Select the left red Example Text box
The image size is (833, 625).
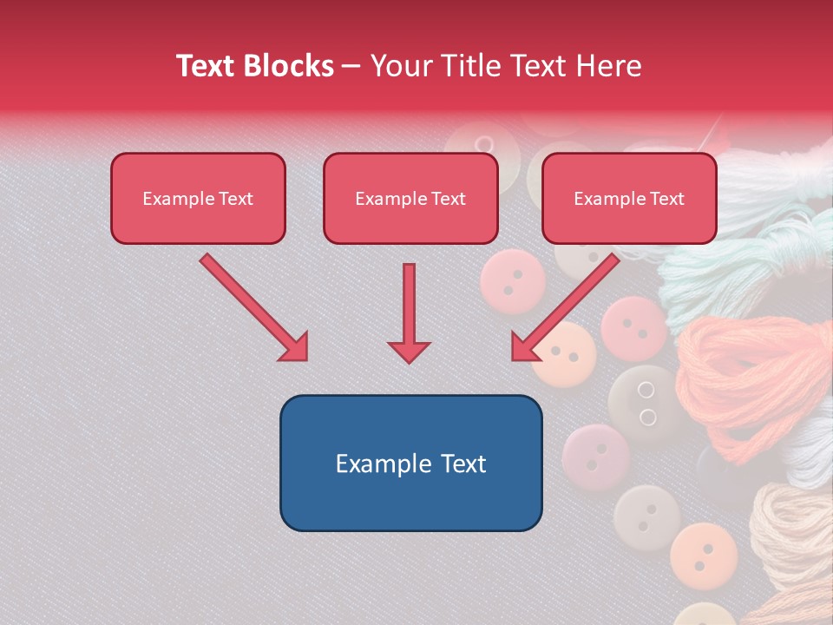point(198,199)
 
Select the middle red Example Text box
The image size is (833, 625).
point(410,199)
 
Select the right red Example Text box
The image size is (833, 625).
point(629,199)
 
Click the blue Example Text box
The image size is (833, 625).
point(410,464)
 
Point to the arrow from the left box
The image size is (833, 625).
point(253,307)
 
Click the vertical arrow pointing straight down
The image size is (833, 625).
point(409,312)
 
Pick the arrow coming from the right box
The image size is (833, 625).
point(566,307)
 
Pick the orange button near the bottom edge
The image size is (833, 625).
point(703,553)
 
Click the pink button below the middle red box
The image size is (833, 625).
point(513,280)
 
